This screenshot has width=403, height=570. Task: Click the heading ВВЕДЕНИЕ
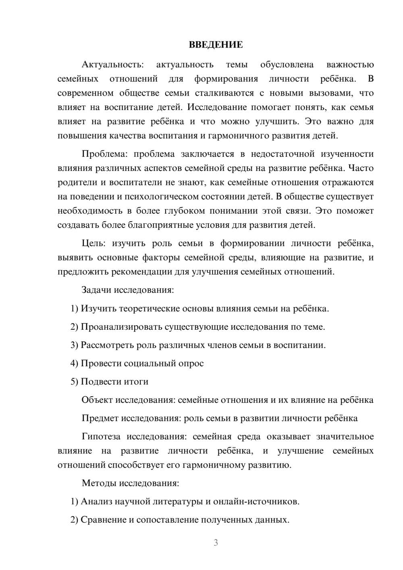(x=216, y=45)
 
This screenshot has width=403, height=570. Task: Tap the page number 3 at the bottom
(x=216, y=543)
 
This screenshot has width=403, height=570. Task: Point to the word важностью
(x=350, y=64)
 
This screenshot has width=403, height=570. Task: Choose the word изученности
(x=347, y=154)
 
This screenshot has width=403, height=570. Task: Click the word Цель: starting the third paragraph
(x=94, y=243)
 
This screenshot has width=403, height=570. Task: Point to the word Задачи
(x=97, y=290)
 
